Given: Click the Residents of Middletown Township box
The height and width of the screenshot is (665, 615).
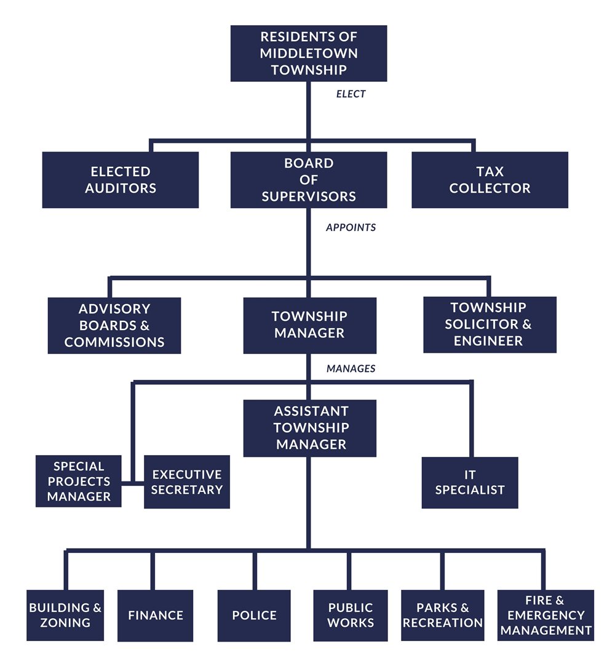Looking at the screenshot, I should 309,54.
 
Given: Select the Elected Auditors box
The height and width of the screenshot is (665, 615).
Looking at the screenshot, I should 121,180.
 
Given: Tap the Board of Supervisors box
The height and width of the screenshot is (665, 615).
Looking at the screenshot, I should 309,180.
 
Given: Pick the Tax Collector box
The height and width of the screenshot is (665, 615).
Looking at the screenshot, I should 490,180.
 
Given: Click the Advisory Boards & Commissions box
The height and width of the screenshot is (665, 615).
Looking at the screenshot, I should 114,325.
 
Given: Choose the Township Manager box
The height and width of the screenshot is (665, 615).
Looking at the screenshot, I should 309,325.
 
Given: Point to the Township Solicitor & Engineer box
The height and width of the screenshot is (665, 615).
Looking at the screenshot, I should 490,324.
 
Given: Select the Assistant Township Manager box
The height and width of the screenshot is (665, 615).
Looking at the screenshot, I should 309,428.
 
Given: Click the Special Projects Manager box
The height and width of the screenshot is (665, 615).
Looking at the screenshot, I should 79,481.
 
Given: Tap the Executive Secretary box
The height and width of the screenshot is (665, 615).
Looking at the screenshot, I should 187,482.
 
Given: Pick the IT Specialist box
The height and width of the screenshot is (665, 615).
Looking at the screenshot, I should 470,483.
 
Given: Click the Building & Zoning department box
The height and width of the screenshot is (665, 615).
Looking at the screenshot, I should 65,615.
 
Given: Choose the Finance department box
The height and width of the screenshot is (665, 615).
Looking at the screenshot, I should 156,615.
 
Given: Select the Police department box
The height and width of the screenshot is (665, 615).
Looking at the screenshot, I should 254,615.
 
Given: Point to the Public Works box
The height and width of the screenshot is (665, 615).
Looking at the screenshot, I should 351,615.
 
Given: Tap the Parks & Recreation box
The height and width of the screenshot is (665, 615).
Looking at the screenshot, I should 443,615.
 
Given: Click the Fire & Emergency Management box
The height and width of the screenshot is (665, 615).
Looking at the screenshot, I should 546,615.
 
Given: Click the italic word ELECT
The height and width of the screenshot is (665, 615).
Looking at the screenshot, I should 351,94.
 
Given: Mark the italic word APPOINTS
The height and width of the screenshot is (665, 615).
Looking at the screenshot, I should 351,227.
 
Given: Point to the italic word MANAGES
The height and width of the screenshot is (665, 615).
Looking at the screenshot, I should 351,369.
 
